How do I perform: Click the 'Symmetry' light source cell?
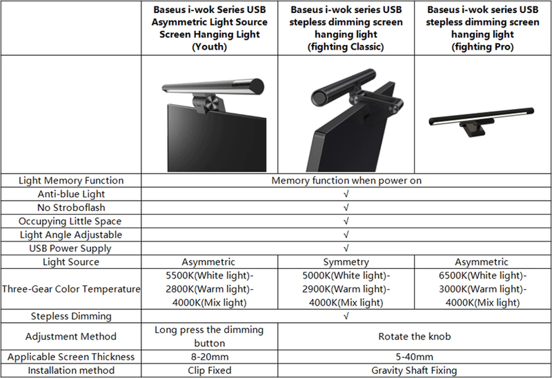coord(346,262)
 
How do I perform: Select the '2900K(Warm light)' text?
coord(346,289)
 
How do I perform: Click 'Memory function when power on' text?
coord(346,181)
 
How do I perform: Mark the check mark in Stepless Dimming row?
coord(346,317)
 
